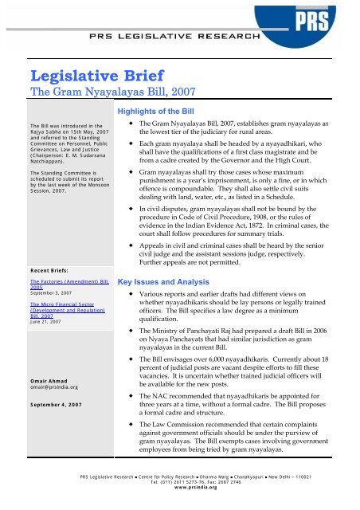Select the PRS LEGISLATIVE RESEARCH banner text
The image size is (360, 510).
point(179,38)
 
